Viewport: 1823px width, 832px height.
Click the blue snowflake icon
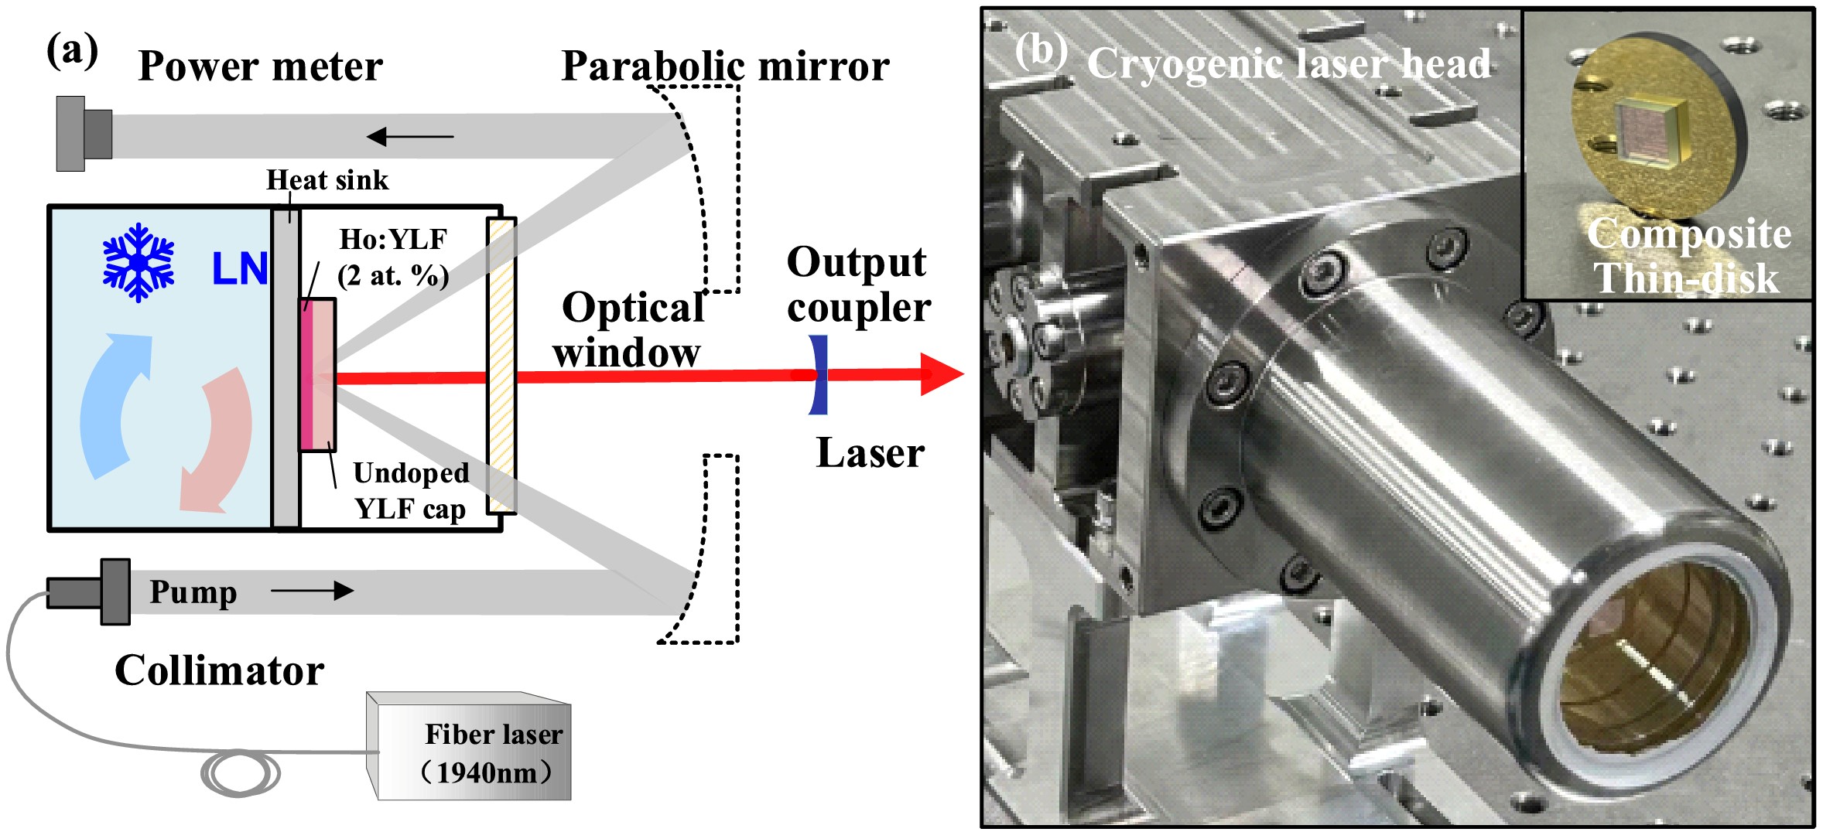[x=139, y=262]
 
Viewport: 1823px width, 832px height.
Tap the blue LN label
[x=240, y=269]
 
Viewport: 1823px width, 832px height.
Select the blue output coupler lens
[x=818, y=375]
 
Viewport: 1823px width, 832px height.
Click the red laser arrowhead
[x=941, y=374]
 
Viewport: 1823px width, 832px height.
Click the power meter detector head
[x=84, y=134]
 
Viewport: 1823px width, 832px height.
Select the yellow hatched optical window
[x=501, y=366]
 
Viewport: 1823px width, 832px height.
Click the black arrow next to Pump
[x=312, y=592]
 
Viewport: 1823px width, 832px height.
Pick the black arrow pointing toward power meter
[x=409, y=137]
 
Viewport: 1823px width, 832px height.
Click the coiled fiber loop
[x=241, y=773]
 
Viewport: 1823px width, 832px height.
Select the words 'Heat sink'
[x=327, y=180]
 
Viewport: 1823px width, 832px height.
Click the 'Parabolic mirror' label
[x=725, y=66]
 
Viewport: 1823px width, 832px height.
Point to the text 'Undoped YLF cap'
[x=410, y=491]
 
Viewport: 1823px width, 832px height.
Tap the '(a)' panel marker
[x=73, y=51]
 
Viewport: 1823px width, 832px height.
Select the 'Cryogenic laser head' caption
[x=1288, y=63]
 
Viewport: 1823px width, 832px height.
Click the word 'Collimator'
[x=220, y=670]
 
